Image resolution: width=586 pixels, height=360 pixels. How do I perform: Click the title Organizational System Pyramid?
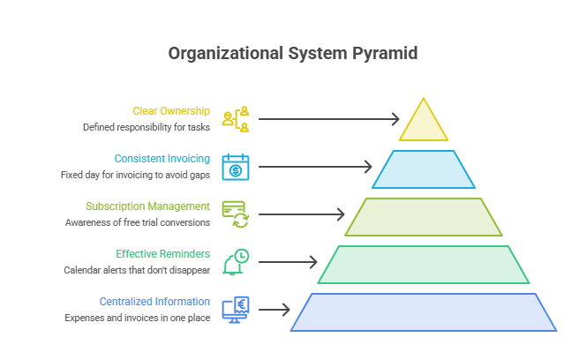[293, 54]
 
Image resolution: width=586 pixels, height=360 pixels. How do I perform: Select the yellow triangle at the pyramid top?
[424, 124]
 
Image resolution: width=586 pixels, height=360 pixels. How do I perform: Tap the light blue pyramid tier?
[424, 169]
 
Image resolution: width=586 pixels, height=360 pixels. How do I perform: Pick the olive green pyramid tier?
[424, 217]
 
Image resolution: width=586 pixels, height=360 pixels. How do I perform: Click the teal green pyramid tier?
[424, 265]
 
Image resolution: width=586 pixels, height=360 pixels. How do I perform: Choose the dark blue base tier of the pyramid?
[424, 312]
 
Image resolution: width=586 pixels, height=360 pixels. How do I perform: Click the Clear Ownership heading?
[171, 111]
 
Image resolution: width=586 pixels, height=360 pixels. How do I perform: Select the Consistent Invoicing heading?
[162, 159]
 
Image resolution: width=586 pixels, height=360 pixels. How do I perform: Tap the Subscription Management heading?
[147, 206]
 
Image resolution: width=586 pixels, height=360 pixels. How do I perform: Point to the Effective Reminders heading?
[162, 254]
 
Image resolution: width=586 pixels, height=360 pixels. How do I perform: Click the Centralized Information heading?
[154, 301]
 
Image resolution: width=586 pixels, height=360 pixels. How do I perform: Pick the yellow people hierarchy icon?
[236, 119]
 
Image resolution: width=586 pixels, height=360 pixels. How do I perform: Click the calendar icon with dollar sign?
[236, 167]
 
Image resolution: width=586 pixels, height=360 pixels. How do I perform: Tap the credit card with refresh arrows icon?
[236, 214]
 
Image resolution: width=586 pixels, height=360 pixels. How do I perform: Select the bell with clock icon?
[236, 262]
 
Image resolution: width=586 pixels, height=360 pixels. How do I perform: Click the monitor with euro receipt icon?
[236, 310]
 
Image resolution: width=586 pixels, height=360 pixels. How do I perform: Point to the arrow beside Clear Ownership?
[329, 119]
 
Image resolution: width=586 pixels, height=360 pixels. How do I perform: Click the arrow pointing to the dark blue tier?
[274, 310]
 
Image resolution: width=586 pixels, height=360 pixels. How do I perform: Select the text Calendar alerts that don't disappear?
[137, 270]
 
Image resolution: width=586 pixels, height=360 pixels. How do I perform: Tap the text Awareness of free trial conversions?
[138, 222]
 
